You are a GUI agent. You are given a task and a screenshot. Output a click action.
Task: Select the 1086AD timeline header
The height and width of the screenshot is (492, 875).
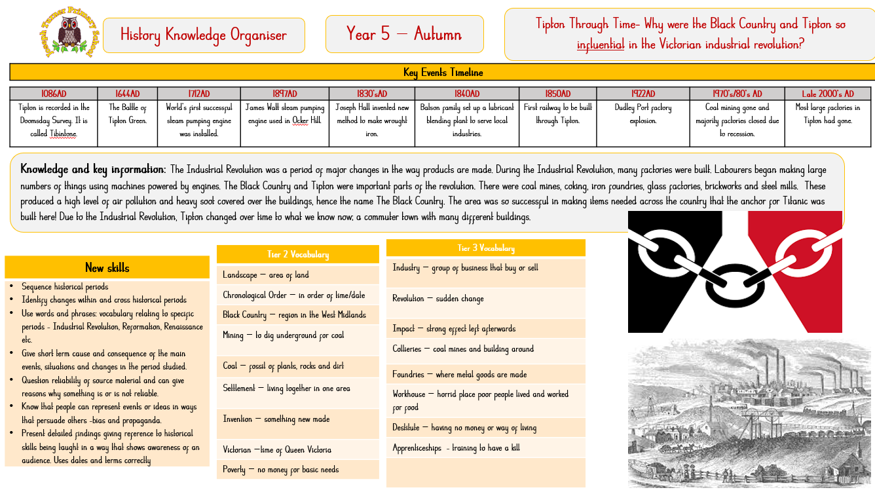54,94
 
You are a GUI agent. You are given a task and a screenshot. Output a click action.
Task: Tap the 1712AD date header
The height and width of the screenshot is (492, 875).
198,94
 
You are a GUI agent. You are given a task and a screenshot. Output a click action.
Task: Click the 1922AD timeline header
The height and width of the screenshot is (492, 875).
642,94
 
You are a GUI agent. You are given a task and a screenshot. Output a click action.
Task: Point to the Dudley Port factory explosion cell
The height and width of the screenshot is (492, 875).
642,114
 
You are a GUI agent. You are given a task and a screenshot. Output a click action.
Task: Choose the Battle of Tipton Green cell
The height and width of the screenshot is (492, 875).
128,114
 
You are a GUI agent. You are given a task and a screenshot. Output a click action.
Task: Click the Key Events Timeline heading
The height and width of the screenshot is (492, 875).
443,72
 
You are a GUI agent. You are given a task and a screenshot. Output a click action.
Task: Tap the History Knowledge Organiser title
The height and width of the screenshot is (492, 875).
204,35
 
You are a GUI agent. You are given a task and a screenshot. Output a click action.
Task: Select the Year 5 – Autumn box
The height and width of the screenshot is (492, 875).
404,34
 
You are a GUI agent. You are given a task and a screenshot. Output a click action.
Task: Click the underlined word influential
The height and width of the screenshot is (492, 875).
601,45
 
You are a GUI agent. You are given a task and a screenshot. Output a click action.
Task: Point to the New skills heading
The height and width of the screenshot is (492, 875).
107,267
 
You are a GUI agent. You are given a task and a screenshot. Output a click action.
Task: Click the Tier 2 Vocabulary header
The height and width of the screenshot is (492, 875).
297,254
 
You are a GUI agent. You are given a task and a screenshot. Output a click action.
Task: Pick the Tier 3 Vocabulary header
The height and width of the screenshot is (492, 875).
485,248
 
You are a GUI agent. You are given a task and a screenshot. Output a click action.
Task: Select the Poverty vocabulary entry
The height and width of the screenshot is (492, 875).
281,470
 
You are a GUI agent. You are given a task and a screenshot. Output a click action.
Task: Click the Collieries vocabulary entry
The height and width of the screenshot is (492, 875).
463,349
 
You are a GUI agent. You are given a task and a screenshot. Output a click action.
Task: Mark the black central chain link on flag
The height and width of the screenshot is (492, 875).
734,280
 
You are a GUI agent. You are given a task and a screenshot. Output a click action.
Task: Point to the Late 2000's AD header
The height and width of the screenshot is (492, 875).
828,94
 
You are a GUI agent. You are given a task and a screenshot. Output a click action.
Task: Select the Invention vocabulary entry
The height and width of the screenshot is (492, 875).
276,419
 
